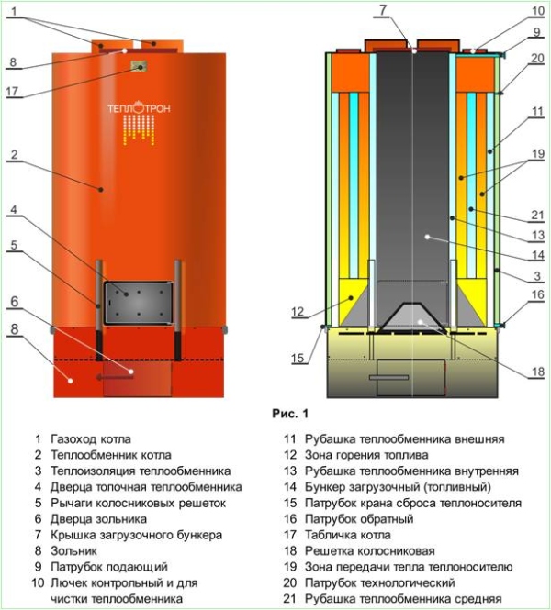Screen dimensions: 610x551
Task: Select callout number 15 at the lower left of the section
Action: [x=298, y=359]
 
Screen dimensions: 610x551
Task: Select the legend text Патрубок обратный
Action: [x=360, y=519]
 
